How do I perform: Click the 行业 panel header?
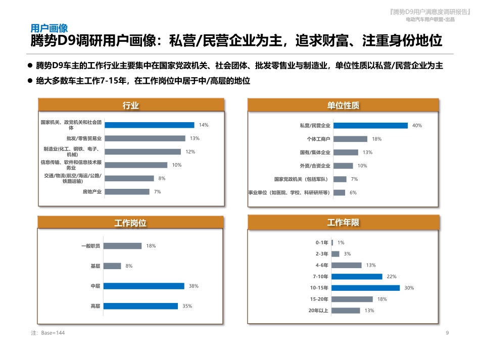tap(130, 105)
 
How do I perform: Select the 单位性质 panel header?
tap(343, 105)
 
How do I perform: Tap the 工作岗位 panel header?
tap(130, 223)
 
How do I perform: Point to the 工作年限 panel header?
tap(343, 223)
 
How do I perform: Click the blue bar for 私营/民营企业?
tap(370, 126)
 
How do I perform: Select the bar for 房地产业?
tap(127, 192)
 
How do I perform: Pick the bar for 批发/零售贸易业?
tap(145, 138)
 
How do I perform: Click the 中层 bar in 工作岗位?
tap(144, 286)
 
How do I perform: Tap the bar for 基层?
tap(112, 266)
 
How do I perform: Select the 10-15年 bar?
tap(365, 288)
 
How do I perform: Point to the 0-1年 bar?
tap(332, 243)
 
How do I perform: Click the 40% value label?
tap(417, 126)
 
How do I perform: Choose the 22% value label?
tap(391, 277)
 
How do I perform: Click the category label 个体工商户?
tap(318, 139)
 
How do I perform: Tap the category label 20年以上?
tap(318, 311)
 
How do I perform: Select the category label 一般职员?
tap(90, 246)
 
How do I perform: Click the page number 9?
tap(447, 333)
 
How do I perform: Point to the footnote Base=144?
tap(48, 333)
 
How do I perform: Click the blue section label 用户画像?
tap(49, 28)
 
